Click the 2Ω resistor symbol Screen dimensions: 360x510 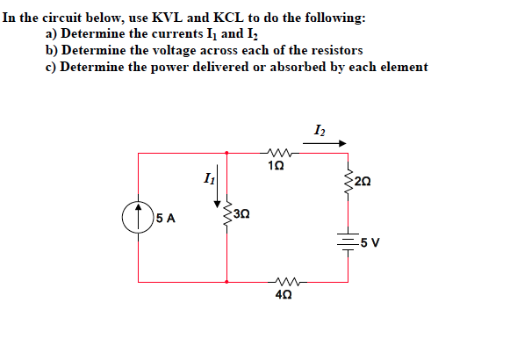tap(348, 180)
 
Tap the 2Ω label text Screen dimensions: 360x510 tap(366, 182)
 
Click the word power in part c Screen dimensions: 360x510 tap(162, 67)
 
